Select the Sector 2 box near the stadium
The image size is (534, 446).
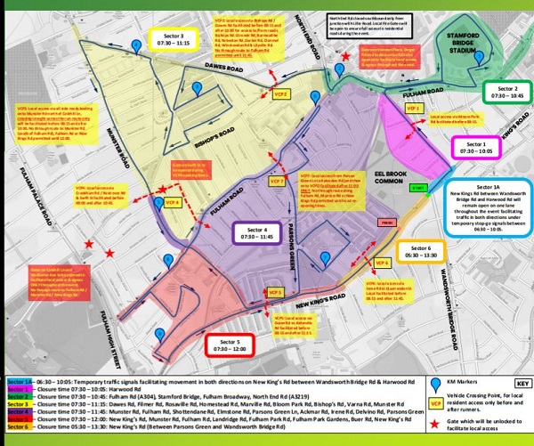click(x=506, y=93)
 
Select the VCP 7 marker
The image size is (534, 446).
click(x=279, y=182)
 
